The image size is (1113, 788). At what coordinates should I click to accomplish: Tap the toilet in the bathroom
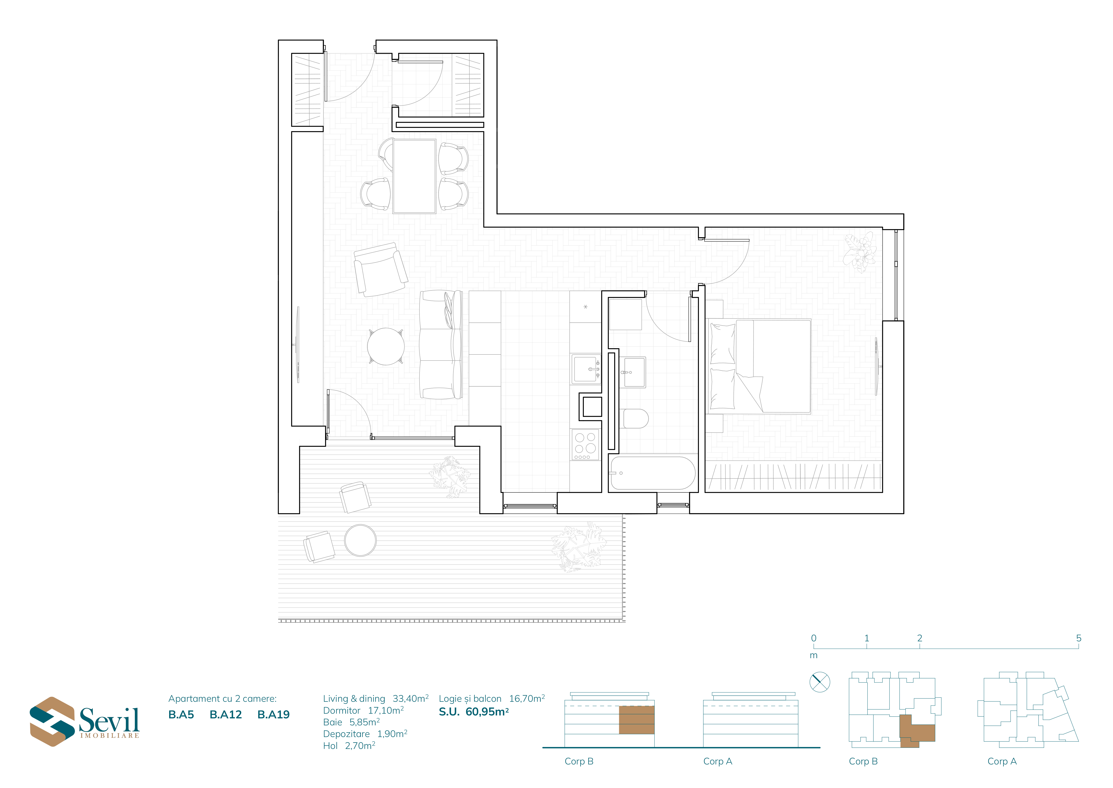636,418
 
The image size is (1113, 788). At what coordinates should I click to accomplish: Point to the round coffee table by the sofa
386,346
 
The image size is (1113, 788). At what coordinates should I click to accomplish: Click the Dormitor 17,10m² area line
363,710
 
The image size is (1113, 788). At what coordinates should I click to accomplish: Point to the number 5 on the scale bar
1079,638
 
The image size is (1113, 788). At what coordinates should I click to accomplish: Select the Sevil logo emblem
52,722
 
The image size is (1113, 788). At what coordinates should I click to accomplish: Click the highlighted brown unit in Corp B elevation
636,719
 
